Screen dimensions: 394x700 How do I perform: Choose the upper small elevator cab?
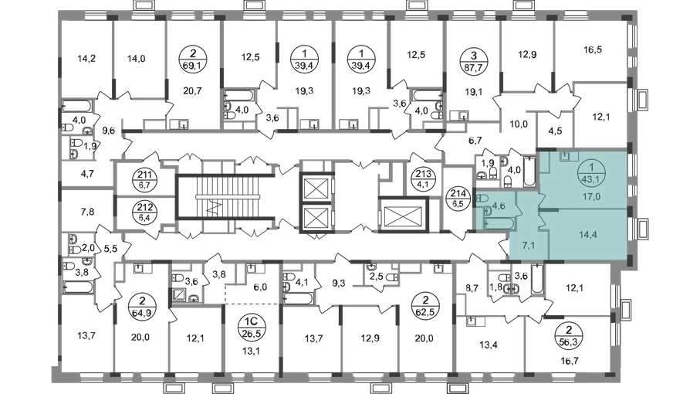317,186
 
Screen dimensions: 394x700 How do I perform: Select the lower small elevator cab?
317,218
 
